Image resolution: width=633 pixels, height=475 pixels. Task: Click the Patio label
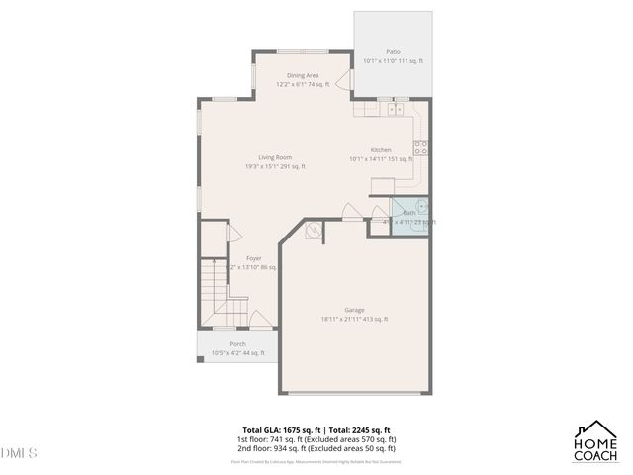pos(393,51)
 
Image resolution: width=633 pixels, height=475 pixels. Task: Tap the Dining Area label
pos(303,75)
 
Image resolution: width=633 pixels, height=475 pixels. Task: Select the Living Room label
pos(275,157)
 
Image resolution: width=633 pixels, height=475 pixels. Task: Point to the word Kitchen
pos(381,149)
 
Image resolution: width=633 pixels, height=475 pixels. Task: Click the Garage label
pos(354,310)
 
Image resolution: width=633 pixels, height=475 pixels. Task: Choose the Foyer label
pos(254,258)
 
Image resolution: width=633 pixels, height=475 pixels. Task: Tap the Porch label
pos(237,344)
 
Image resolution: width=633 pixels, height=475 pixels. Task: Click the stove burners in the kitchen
pos(420,148)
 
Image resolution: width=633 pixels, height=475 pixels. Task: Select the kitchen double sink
pos(397,109)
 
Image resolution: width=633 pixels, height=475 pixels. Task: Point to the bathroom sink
pos(421,208)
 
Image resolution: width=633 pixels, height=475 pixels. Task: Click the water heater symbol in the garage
pos(314,232)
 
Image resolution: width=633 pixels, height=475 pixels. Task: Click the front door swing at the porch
pos(260,320)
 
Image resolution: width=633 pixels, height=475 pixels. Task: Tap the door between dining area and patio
pos(344,81)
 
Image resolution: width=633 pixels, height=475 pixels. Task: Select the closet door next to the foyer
pos(234,233)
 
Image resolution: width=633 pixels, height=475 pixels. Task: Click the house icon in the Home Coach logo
pos(597,431)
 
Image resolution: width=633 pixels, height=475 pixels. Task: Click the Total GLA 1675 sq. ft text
pos(282,430)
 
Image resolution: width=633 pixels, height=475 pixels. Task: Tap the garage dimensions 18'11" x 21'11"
pos(354,319)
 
